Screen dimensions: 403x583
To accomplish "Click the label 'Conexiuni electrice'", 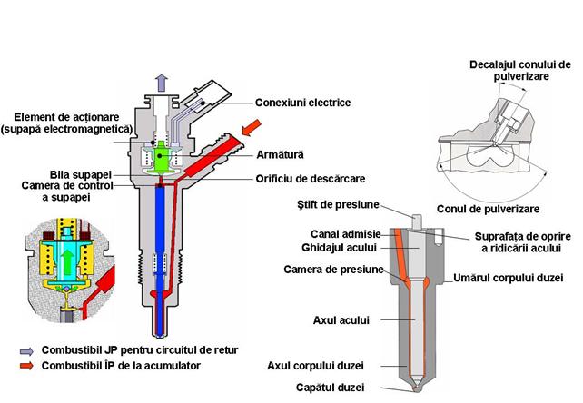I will [303, 103].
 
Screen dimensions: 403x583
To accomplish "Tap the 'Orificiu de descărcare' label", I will [311, 178].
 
